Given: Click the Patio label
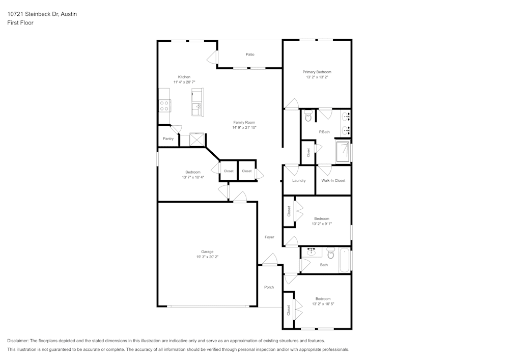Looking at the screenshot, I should [x=250, y=54].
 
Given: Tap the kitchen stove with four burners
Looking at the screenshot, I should [x=164, y=105].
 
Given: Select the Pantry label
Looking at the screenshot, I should [x=168, y=139].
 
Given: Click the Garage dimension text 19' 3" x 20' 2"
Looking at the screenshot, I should [x=207, y=257].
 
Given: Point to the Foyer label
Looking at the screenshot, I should [x=269, y=237].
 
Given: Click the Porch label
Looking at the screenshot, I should [x=269, y=287].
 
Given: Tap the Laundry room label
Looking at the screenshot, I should [x=299, y=181].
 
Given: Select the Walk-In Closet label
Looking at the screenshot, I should [x=333, y=181].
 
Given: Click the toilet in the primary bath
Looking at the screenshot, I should [x=308, y=117].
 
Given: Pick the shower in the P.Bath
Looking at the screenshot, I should [x=343, y=151].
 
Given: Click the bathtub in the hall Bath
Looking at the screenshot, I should [x=345, y=260].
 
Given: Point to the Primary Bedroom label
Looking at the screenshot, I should [x=317, y=72].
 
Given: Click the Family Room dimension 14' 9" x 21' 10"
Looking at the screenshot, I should [x=244, y=128].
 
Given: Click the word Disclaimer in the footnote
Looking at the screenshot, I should [x=18, y=341].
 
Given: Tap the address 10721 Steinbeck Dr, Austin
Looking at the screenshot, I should [x=42, y=14].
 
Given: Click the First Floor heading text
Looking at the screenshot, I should [x=20, y=23].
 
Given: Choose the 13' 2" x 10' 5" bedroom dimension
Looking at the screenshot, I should [x=323, y=304].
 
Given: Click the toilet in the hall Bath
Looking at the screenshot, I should [x=330, y=253].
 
